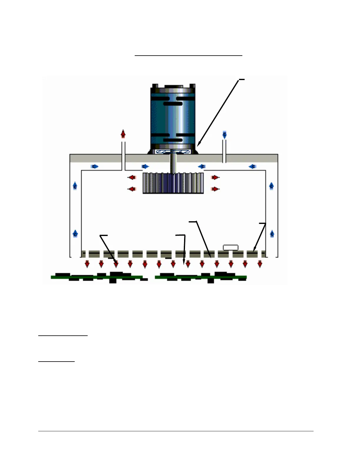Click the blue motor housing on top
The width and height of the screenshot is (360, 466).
click(x=173, y=118)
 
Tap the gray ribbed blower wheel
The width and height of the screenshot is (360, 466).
click(x=173, y=183)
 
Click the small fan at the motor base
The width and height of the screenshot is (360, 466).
click(x=173, y=152)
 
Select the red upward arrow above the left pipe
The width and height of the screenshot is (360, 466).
click(x=123, y=134)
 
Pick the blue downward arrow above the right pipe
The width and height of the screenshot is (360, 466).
click(x=224, y=135)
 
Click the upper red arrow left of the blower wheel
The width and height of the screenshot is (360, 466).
click(x=132, y=177)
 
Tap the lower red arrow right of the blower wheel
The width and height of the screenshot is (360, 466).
click(x=215, y=189)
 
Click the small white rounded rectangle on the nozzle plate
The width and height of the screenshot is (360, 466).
click(x=231, y=247)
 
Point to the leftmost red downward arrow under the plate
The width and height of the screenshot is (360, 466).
click(x=87, y=264)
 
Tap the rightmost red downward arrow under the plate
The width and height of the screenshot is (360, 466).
click(x=260, y=264)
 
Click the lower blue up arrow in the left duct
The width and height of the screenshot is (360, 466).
click(x=75, y=234)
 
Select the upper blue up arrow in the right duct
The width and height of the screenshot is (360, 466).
click(x=271, y=186)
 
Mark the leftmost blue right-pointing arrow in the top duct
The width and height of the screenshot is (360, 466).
click(x=94, y=167)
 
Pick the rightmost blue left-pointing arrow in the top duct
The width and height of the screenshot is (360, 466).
click(x=252, y=167)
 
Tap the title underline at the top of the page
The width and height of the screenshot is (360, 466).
click(x=188, y=55)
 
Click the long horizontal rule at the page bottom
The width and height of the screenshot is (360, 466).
click(x=176, y=431)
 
